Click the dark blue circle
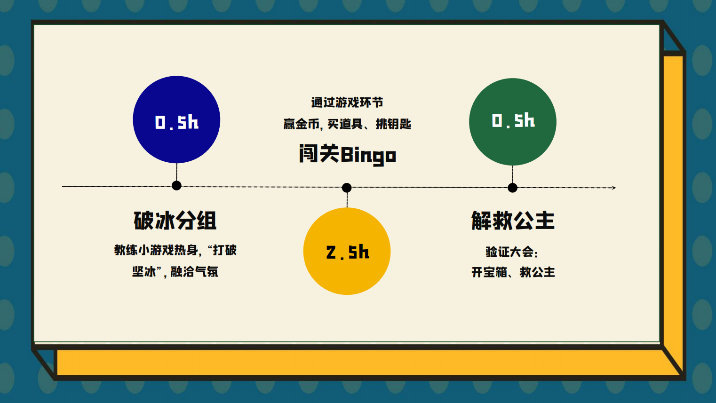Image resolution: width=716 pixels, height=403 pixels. point(176,119)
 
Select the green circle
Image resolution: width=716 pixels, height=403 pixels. point(513,122)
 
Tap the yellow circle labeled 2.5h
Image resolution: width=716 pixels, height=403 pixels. point(347,251)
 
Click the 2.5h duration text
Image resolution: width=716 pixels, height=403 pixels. point(348,252)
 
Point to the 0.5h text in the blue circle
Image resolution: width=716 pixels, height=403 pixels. point(177,122)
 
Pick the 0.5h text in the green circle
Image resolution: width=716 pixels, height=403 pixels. point(513,120)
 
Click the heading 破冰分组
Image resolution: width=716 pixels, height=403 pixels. point(175,221)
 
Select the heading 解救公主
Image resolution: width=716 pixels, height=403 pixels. point(513,221)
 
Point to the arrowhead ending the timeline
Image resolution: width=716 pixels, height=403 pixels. point(614,188)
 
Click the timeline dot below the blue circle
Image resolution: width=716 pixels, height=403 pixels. point(176,185)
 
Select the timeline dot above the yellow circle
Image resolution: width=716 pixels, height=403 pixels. point(347,188)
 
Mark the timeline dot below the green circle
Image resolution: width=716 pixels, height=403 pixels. point(512,188)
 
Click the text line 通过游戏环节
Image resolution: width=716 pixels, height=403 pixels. point(347,103)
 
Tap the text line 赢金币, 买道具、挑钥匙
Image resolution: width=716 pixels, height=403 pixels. point(347,124)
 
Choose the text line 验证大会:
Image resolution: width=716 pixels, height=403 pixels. point(512,252)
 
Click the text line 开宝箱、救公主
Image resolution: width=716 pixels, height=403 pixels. point(513,272)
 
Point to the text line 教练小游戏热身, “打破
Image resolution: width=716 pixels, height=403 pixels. point(175,250)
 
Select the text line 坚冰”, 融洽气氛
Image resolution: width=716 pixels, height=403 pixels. point(175,272)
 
